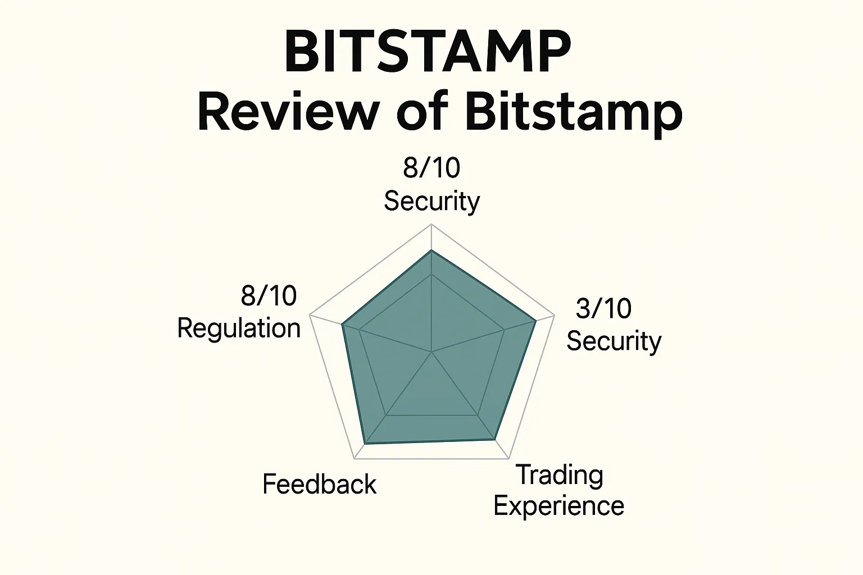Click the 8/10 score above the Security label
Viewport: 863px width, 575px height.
tap(431, 167)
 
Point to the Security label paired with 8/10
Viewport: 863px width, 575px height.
tap(431, 201)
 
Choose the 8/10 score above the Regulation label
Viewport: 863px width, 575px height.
tap(269, 295)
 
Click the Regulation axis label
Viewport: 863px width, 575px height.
tap(239, 328)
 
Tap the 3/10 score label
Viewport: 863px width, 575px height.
tap(603, 308)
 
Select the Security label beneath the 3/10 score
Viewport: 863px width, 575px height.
tap(614, 341)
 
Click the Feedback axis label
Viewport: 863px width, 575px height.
tap(319, 484)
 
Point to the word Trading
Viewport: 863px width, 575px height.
tap(560, 475)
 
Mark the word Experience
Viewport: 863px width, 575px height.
tap(559, 506)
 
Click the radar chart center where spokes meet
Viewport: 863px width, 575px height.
tap(431, 352)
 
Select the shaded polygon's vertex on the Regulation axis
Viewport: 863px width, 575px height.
tap(342, 324)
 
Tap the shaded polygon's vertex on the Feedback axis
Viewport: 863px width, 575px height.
tap(366, 444)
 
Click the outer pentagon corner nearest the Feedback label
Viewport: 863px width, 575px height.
tap(355, 458)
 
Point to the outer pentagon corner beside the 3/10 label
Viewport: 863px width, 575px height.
tap(555, 314)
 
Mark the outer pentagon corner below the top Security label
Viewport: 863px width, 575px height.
tap(431, 224)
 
